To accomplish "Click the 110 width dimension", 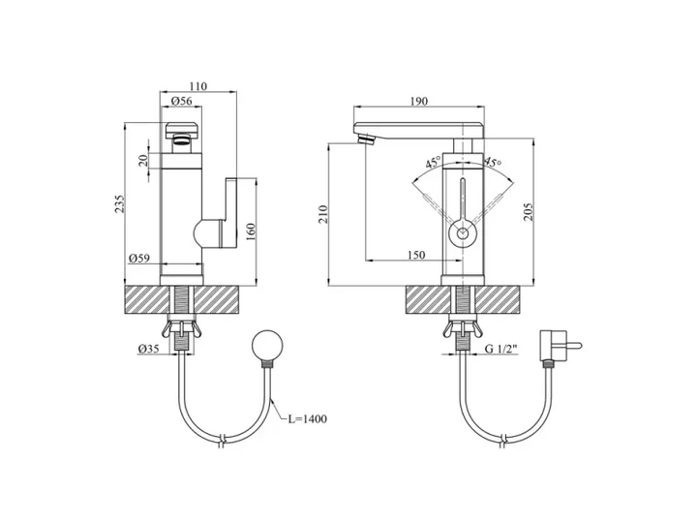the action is (x=197, y=86).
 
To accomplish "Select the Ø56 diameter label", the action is (x=182, y=101).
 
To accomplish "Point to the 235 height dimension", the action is (x=120, y=203).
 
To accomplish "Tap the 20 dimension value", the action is (x=142, y=160).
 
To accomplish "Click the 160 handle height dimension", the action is (x=251, y=231).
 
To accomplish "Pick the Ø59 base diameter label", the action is (x=139, y=258).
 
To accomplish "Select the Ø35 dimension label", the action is (x=148, y=349).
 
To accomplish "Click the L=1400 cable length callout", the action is (x=307, y=418).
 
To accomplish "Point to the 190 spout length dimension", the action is (x=419, y=102).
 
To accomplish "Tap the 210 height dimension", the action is (x=322, y=214).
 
